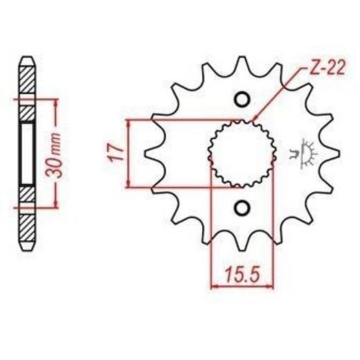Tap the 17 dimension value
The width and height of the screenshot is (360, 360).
click(116, 153)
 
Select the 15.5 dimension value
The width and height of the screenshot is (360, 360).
click(243, 274)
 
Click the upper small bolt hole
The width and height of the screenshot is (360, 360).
click(242, 100)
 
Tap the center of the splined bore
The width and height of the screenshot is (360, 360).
click(242, 154)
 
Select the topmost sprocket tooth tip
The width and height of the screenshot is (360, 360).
click(242, 57)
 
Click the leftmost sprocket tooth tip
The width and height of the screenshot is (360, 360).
click(145, 154)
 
